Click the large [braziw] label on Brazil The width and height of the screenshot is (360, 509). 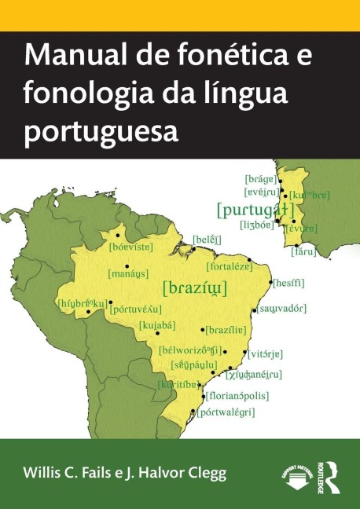click(194, 287)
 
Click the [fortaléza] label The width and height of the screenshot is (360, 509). click(230, 266)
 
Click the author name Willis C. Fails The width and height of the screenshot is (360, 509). click(70, 474)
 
